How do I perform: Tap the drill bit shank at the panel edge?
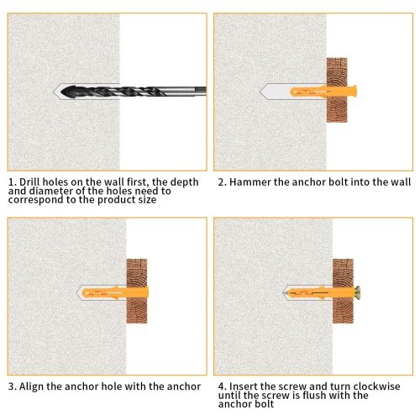pos(201,91)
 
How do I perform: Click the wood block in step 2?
pos(337,90)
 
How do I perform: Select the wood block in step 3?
pos(137,291)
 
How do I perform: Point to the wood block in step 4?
pos(343,291)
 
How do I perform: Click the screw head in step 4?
pos(357,293)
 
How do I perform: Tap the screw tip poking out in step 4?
pos(284,293)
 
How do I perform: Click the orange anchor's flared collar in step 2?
pos(354,92)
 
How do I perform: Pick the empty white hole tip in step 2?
pos(274,92)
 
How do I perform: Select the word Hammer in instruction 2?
pos(250,182)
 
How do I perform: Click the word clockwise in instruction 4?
pos(376,386)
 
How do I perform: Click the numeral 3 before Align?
pos(12,386)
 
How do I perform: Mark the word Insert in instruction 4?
pos(244,386)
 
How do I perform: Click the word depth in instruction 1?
pos(185,183)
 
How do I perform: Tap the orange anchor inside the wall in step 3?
pos(104,293)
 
